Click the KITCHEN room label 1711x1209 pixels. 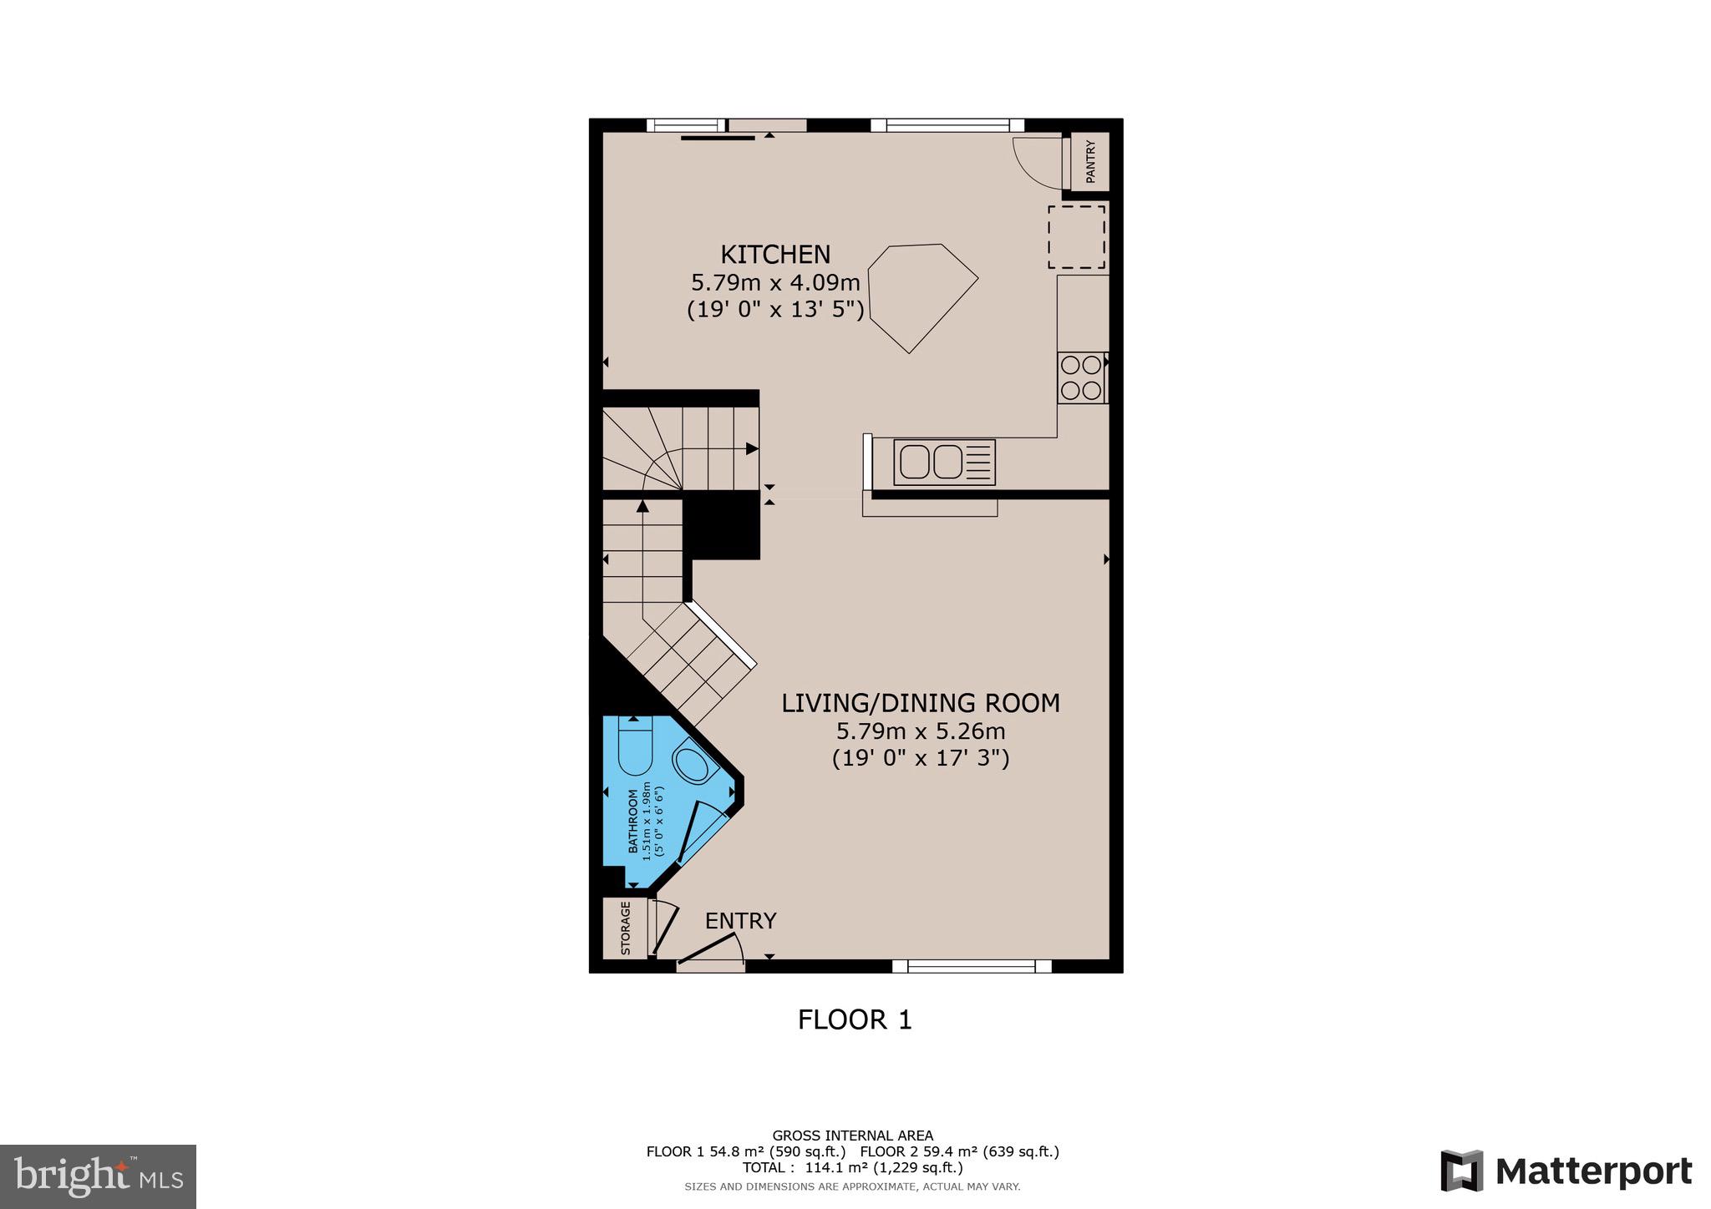775,254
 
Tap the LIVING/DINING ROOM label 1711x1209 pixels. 921,703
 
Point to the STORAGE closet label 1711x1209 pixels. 625,928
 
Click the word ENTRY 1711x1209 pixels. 740,920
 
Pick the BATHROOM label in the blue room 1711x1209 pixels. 633,822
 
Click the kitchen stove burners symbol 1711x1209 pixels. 1080,378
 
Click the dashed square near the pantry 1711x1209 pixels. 1077,237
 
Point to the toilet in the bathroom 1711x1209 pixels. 635,747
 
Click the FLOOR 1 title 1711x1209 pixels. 855,1019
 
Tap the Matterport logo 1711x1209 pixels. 1566,1171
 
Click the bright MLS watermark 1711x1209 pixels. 98,1176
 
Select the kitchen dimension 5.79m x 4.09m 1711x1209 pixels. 775,282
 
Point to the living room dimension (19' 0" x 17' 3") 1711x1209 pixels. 921,758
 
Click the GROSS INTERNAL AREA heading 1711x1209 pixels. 852,1136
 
